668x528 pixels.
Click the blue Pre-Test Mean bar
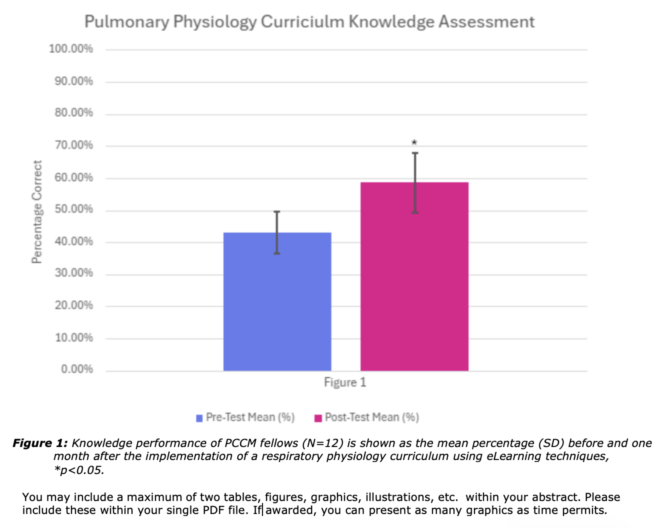click(277, 305)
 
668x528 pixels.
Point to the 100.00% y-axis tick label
click(71, 49)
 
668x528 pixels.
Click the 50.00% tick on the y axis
click(74, 209)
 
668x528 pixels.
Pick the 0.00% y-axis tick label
click(77, 369)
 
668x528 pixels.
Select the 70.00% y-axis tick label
click(74, 145)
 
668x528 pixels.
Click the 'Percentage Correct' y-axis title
click(37, 211)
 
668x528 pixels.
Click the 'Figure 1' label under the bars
click(345, 382)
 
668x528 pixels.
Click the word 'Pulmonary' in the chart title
click(127, 22)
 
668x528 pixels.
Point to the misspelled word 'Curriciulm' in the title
click(302, 22)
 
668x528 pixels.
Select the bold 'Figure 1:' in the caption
click(39, 443)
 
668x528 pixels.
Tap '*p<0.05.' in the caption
click(79, 470)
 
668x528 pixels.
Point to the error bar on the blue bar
click(277, 232)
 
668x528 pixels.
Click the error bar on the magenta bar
click(415, 182)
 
